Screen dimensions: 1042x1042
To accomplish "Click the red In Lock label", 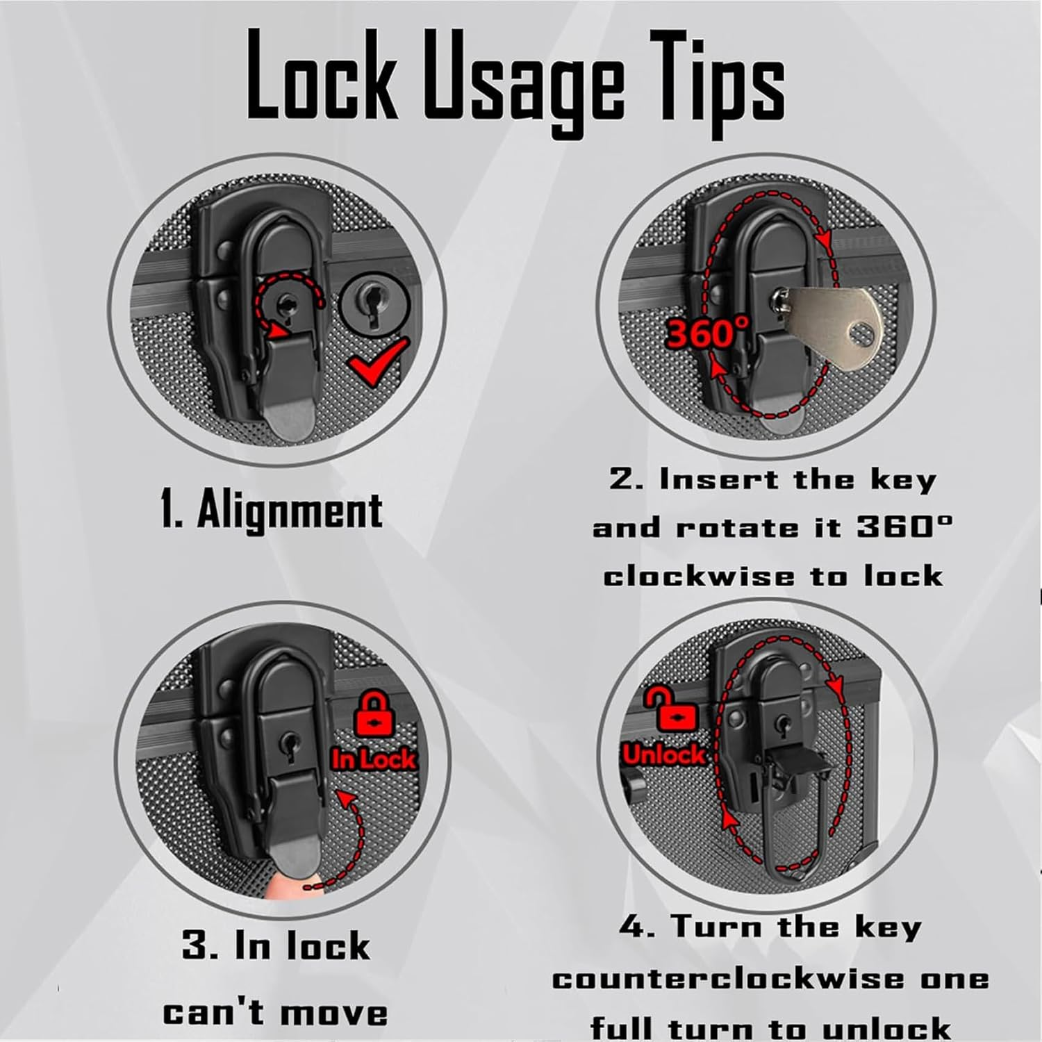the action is click(x=373, y=759).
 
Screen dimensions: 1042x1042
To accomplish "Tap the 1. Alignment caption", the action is click(x=271, y=511).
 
